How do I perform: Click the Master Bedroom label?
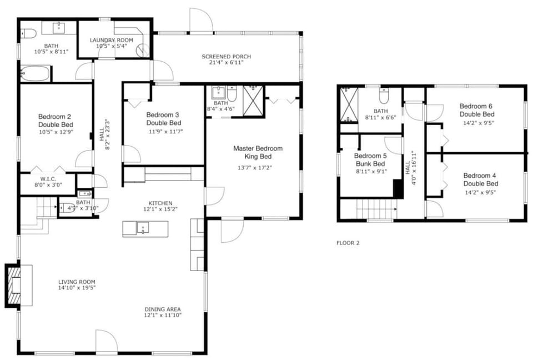tap(258, 153)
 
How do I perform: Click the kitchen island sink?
tap(143, 228)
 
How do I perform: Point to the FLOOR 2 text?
tap(348, 243)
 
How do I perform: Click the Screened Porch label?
tap(226, 57)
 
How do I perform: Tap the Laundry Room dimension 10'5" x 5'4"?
tap(112, 46)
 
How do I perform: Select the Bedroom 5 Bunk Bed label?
tap(370, 160)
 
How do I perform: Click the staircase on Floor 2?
tap(375, 210)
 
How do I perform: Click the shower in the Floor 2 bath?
tap(348, 105)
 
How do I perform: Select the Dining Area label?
tap(163, 309)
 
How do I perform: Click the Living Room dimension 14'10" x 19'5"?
tap(77, 288)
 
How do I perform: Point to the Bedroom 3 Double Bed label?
tap(164, 119)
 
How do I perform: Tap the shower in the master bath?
tap(254, 101)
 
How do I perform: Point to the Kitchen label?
tap(160, 203)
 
